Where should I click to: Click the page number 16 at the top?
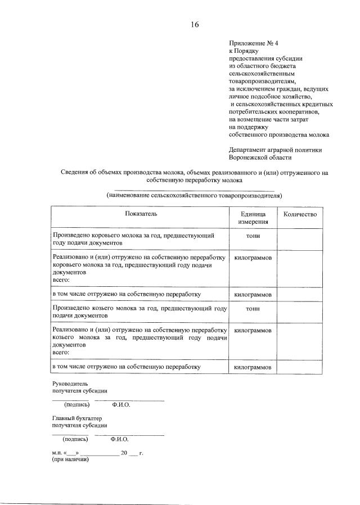pos(195,24)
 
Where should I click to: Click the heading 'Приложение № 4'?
pos(251,43)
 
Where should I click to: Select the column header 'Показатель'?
pos(141,214)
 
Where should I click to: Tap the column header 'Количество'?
pos(300,214)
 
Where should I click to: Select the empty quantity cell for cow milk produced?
pos(300,240)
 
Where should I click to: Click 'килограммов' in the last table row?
pos(253,367)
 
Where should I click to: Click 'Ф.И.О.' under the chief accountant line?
pos(120,439)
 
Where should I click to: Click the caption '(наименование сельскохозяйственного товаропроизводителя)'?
pos(194,196)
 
